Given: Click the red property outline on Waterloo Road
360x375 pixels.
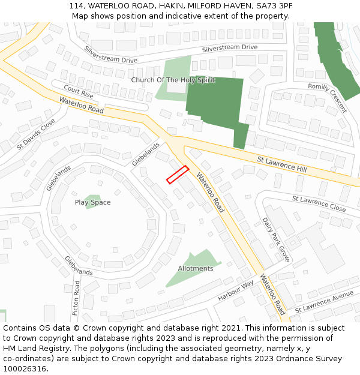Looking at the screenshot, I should pyautogui.click(x=178, y=175).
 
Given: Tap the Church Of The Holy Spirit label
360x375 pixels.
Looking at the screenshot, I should pyautogui.click(x=172, y=80).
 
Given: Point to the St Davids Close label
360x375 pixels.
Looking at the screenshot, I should pyautogui.click(x=35, y=134).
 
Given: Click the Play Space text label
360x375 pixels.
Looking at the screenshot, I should pyautogui.click(x=92, y=203).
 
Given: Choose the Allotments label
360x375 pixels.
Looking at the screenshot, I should pyautogui.click(x=196, y=269).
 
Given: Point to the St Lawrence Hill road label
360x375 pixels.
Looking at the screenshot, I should pyautogui.click(x=281, y=164).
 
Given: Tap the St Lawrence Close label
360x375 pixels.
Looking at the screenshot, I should pyautogui.click(x=319, y=203).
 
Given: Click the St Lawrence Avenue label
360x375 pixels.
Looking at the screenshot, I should pyautogui.click(x=324, y=302).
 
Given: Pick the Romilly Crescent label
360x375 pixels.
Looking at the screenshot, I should pyautogui.click(x=328, y=97).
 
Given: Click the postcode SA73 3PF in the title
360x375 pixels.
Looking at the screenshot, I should pyautogui.click(x=273, y=5).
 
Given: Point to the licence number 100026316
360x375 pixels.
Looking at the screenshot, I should pyautogui.click(x=24, y=369).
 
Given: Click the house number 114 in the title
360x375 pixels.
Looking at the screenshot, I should pyautogui.click(x=76, y=5).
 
